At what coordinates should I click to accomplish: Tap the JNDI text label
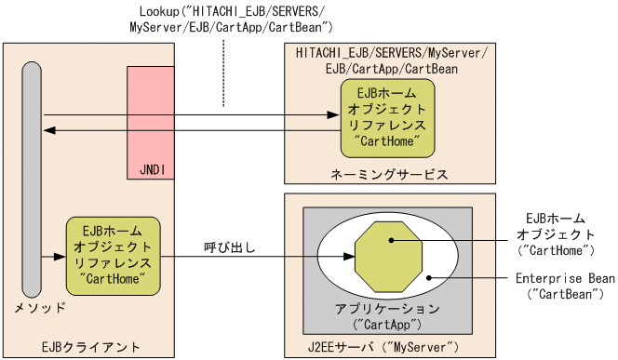pyautogui.click(x=150, y=172)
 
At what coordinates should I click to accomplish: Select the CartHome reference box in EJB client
pyautogui.click(x=114, y=253)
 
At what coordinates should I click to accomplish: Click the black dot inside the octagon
pyautogui.click(x=392, y=240)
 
